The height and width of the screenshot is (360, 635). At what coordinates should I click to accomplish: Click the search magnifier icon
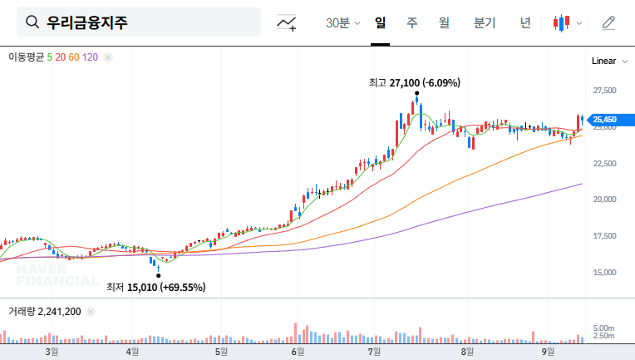click(x=32, y=22)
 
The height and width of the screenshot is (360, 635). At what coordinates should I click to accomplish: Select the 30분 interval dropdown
click(x=342, y=22)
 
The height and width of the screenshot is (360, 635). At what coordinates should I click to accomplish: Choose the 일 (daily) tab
click(x=381, y=22)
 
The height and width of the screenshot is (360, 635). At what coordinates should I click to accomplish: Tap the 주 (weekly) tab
click(x=412, y=22)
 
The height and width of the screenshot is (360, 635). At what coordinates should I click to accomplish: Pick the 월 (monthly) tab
click(x=444, y=22)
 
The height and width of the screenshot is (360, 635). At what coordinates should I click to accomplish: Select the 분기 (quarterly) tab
click(x=484, y=22)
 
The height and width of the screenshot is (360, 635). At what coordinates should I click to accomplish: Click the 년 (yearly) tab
click(x=525, y=22)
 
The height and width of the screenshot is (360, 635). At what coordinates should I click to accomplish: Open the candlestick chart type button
click(x=567, y=22)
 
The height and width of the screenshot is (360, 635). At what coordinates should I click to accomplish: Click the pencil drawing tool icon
click(x=609, y=22)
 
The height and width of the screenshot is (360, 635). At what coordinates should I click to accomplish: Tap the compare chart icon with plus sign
click(x=287, y=22)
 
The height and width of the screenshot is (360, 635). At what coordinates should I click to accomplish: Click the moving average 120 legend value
click(x=91, y=57)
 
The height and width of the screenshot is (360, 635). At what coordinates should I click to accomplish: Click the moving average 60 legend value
click(x=74, y=57)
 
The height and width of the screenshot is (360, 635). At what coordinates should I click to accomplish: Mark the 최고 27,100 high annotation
click(x=415, y=83)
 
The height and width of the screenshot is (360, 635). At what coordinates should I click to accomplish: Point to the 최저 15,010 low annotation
click(x=155, y=288)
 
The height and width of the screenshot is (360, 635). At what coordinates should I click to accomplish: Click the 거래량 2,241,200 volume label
click(x=45, y=311)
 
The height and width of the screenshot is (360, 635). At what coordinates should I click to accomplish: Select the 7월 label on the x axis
click(x=374, y=352)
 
